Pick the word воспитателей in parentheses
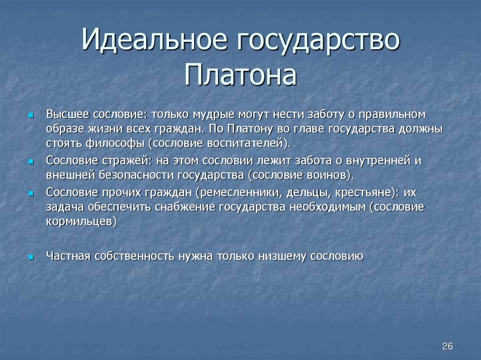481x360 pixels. coord(241,142)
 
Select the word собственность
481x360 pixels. coord(135,256)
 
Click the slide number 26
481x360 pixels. coord(447,346)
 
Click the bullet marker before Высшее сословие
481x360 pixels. coord(31,115)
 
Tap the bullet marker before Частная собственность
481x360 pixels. coord(31,257)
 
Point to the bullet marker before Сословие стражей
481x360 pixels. coord(31,161)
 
